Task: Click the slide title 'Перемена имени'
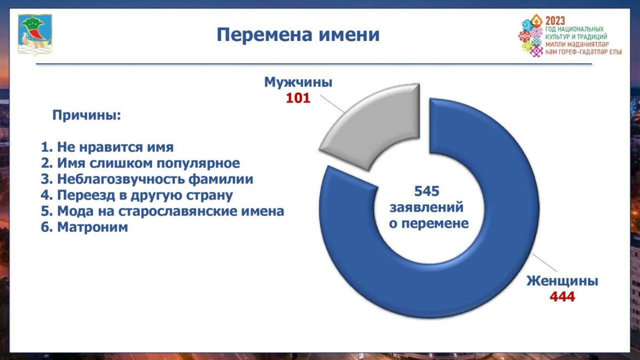click(298, 34)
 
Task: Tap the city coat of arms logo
click(35, 34)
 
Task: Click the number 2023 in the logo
click(555, 20)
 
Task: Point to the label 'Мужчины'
click(298, 82)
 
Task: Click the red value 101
click(298, 98)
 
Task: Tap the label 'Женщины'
click(562, 281)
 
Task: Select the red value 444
click(562, 297)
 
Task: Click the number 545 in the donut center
click(427, 191)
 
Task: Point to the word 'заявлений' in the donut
click(427, 207)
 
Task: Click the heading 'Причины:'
click(86, 115)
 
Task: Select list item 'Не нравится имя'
click(107, 147)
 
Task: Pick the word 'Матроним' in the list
click(92, 227)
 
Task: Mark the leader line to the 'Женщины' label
click(544, 262)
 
